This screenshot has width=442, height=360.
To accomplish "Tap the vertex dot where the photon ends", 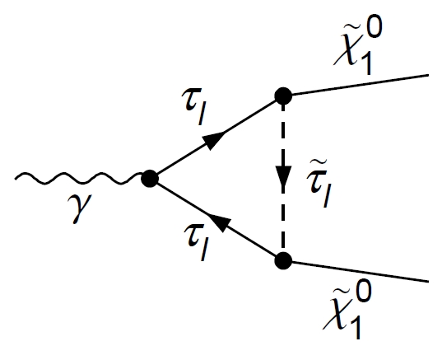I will [x=149, y=177].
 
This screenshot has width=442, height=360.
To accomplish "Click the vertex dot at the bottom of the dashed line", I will [x=283, y=261].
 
